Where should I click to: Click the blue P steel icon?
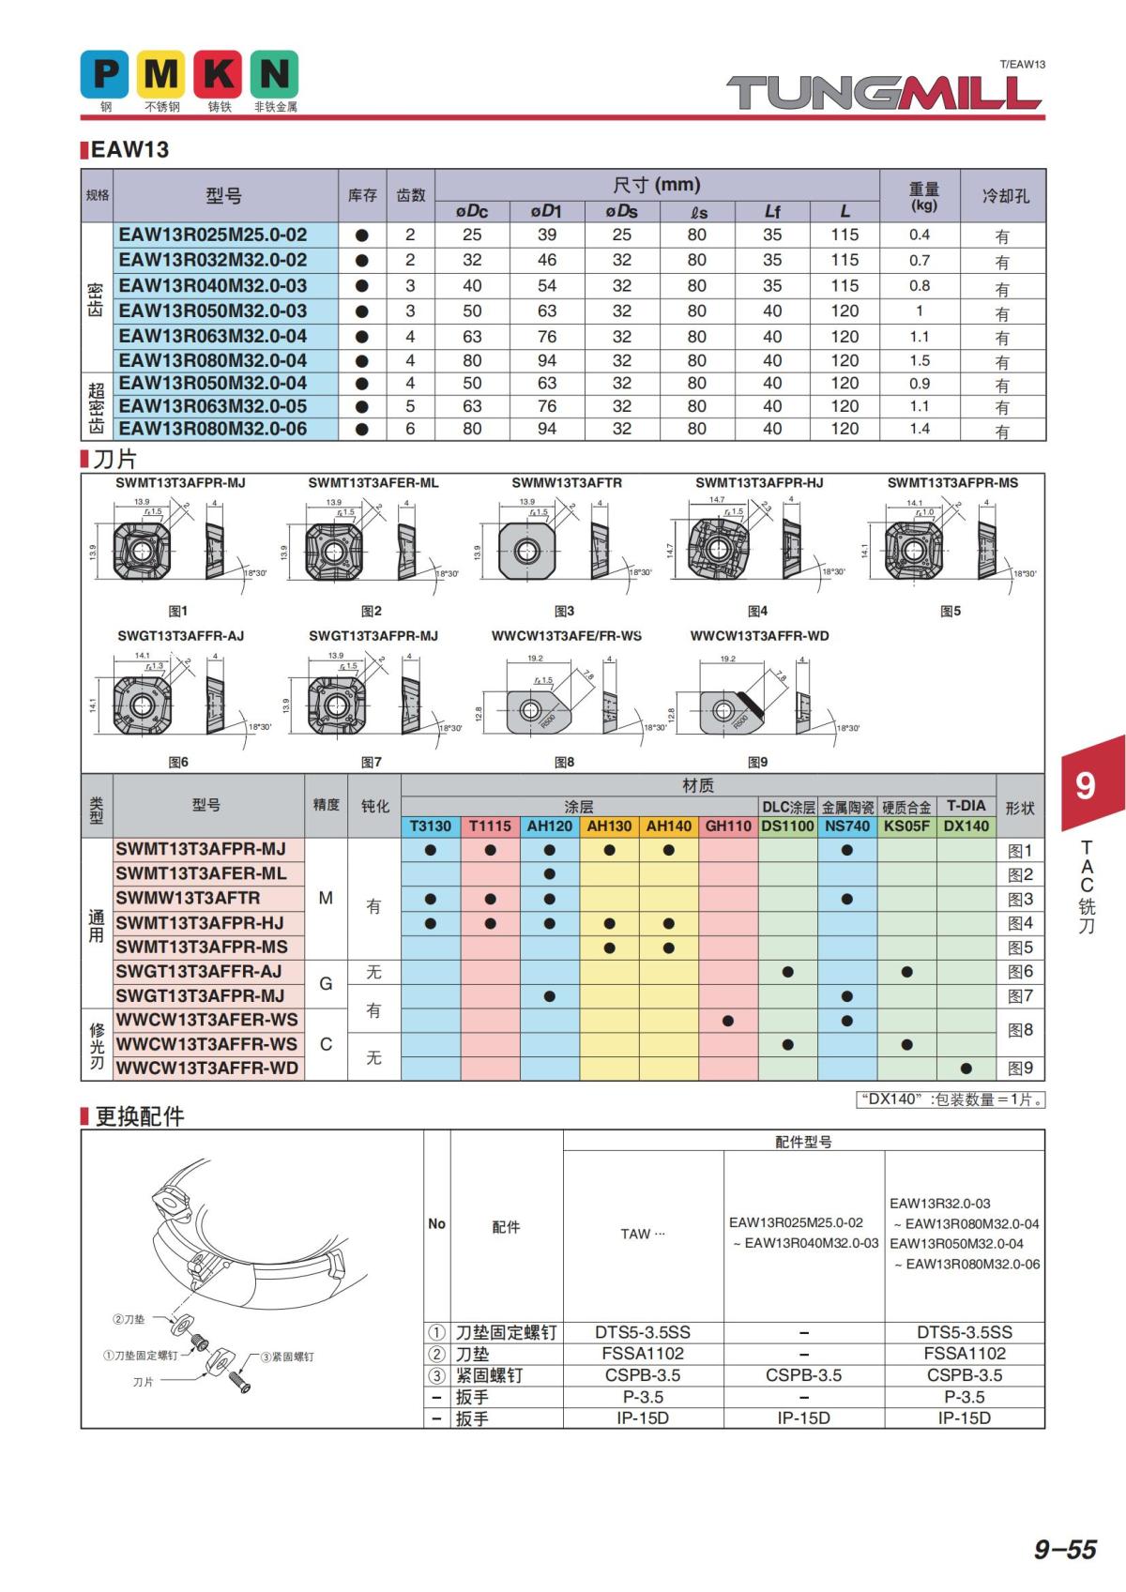pos(105,74)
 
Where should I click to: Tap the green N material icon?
pos(274,74)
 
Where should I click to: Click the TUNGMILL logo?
pos(885,92)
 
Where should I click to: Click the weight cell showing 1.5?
pos(920,360)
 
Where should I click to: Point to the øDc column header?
pos(472,211)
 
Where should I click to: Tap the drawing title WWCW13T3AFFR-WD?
pos(760,635)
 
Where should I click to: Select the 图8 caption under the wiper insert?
pos(564,762)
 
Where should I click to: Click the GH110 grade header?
pos(728,826)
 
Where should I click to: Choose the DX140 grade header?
pos(966,826)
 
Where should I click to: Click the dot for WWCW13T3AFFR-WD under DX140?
pos(966,1068)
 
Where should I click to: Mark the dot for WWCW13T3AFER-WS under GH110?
pos(728,1020)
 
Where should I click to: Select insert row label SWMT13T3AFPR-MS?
pos(202,947)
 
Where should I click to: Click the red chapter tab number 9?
pos(1085,785)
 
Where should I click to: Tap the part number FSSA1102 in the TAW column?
pos(643,1354)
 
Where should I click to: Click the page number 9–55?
pos(1065,1550)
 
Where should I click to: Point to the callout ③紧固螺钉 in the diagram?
pos(287,1357)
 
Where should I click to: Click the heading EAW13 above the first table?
pos(129,149)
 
